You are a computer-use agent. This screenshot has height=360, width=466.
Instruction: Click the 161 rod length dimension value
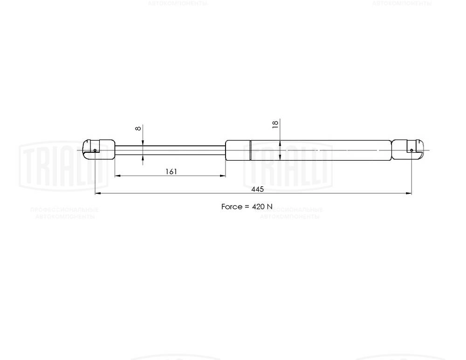[171, 171]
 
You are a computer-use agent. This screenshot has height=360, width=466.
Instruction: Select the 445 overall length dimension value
[257, 189]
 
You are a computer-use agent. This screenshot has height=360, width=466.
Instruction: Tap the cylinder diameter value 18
[275, 124]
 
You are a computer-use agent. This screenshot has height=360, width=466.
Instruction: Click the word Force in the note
[232, 206]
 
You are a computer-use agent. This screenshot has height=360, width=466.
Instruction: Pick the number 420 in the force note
[258, 206]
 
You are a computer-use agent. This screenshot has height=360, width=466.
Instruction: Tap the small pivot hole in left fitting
[95, 150]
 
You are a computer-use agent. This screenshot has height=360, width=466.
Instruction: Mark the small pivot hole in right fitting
[411, 150]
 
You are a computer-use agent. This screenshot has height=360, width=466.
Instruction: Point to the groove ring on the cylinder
[250, 150]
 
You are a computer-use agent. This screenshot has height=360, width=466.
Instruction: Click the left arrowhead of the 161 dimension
[117, 176]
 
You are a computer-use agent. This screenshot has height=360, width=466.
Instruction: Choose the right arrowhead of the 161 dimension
[223, 176]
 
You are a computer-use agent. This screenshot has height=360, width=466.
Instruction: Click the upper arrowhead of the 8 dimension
[143, 143]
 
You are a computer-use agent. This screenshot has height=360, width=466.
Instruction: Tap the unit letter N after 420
[269, 206]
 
